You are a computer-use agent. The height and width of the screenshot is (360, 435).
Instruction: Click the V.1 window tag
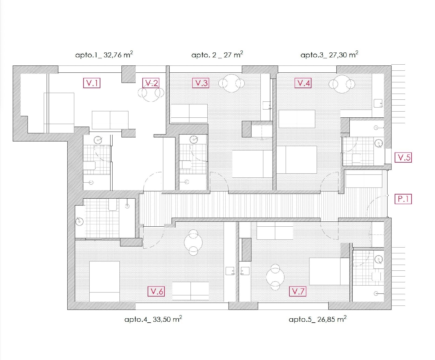point(92,83)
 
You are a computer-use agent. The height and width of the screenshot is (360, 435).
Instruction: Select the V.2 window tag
point(151,83)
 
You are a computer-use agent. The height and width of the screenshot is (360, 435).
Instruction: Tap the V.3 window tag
point(200,83)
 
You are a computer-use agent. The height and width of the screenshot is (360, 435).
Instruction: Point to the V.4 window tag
point(303,83)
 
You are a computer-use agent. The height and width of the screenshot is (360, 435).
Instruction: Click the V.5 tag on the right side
point(403,157)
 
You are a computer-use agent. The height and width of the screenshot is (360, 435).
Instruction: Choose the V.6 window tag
point(156,291)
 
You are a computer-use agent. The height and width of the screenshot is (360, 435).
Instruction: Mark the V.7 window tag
point(298,291)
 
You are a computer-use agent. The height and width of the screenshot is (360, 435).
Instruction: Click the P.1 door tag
point(403,199)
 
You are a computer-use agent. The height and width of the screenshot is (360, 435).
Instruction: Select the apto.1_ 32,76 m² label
point(104,54)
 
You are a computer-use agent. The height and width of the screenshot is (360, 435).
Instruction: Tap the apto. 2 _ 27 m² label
point(217,54)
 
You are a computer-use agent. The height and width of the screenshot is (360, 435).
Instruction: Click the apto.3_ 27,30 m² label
point(329,54)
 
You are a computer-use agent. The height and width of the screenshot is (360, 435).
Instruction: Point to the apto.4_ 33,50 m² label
point(153,319)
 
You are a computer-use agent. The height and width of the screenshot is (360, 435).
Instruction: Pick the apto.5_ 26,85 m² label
point(318,319)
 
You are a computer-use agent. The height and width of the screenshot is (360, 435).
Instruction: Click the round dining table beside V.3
point(231,83)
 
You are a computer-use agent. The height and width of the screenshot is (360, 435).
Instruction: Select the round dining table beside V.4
point(342,84)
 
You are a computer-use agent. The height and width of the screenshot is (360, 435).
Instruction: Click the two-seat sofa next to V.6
point(191,291)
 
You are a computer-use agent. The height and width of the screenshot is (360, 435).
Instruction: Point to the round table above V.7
point(275,277)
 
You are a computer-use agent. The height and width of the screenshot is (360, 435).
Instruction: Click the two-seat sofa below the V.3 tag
point(189,113)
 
